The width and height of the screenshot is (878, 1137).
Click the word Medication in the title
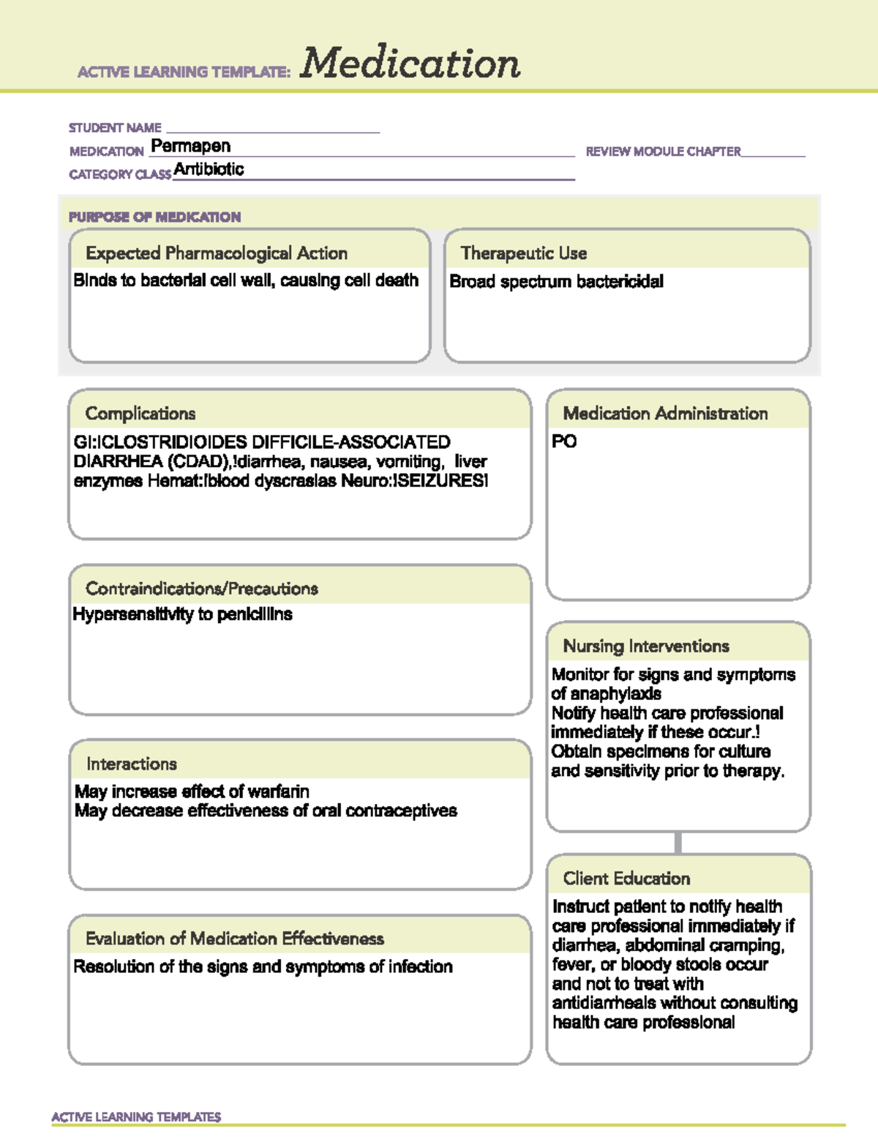coord(410,64)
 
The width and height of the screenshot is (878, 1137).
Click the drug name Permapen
coord(190,146)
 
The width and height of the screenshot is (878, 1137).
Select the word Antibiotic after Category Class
coord(209,170)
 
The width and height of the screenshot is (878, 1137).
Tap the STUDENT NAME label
coord(115,128)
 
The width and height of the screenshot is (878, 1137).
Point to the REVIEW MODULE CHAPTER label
coord(663,152)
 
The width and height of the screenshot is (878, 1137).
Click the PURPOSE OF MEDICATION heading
coord(154,217)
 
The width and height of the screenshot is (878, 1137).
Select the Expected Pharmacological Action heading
coord(217,253)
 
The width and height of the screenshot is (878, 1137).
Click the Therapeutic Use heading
coord(524,253)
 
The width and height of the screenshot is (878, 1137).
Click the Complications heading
coord(140,414)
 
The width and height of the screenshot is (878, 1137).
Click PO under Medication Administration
coord(564,441)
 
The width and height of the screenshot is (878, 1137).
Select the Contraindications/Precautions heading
coord(202,589)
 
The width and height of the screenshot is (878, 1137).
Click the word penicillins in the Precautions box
coord(254,614)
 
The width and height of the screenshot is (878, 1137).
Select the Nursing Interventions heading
coord(646,646)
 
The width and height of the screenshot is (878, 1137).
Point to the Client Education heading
coord(626,879)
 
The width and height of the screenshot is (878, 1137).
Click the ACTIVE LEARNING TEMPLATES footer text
coord(136,1117)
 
